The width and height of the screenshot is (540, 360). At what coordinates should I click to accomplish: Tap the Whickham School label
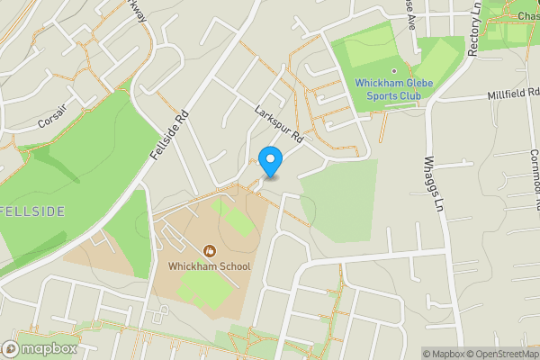(x=209, y=266)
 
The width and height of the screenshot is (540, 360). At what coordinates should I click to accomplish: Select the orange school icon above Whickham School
(x=210, y=250)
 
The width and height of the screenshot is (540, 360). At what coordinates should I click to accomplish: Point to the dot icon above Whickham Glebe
(x=394, y=70)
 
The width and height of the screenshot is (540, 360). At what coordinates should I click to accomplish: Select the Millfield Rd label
(x=510, y=94)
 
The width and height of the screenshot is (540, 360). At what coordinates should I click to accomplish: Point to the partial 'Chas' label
(x=527, y=15)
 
